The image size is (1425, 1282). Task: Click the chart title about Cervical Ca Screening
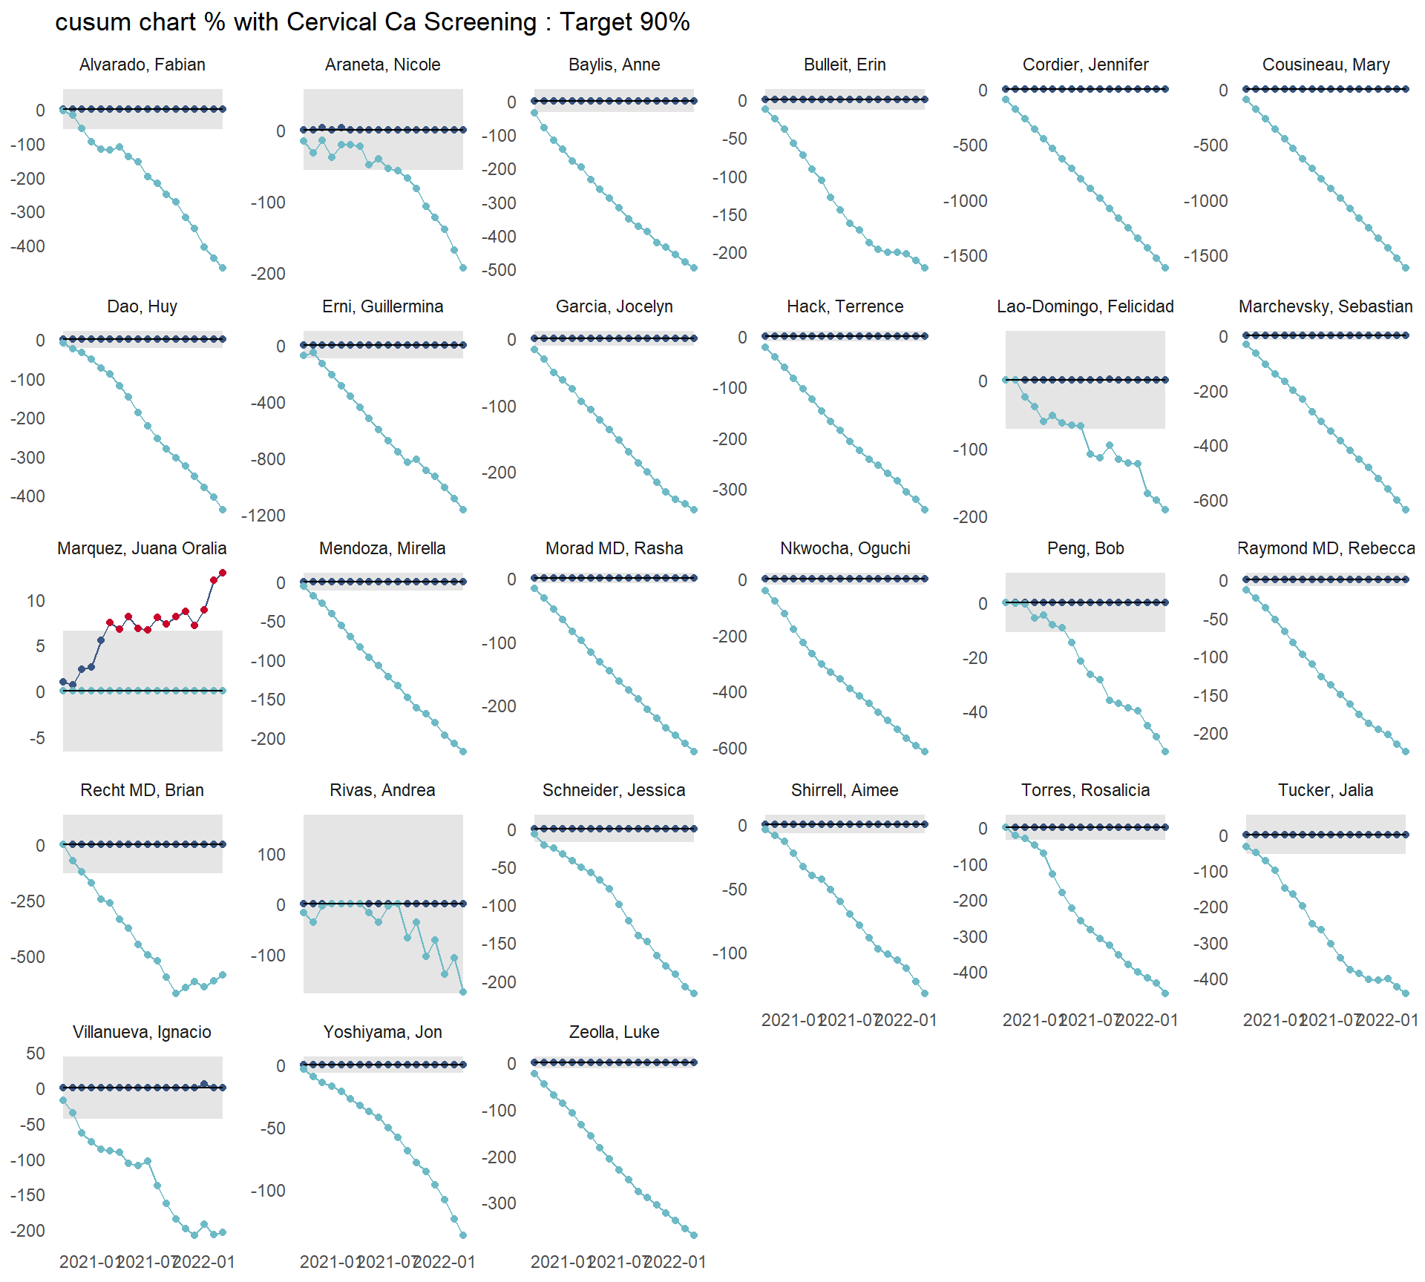[373, 22]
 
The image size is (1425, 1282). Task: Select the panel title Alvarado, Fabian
[142, 65]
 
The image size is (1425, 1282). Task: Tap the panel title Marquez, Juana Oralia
[142, 548]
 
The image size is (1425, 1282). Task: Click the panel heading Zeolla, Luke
[614, 1032]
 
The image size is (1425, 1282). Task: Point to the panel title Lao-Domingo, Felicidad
[1085, 306]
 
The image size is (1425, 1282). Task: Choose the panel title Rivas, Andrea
[382, 790]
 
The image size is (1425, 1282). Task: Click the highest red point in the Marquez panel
[223, 573]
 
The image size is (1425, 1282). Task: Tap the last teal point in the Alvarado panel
[223, 268]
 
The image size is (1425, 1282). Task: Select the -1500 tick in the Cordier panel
[965, 256]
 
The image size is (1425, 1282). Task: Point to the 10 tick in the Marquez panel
[36, 601]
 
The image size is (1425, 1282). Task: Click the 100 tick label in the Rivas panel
[271, 855]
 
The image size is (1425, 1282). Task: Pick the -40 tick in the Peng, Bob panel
[974, 712]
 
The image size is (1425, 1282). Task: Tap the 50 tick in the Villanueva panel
[35, 1053]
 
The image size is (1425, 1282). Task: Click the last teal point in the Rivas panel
[463, 992]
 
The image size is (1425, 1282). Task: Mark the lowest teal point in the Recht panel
[176, 993]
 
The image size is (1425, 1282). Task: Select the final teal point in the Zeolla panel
[694, 1235]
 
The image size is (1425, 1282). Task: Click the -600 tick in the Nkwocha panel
[730, 749]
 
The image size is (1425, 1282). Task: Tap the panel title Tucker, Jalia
[1326, 790]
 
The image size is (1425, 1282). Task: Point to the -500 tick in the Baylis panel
[499, 270]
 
